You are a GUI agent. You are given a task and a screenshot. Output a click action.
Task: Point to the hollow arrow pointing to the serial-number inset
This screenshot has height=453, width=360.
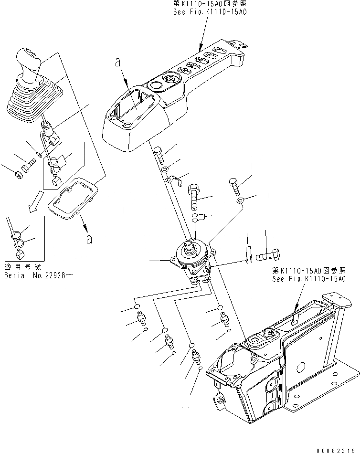35,201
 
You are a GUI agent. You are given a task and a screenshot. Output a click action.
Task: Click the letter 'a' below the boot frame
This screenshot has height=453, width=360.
89,239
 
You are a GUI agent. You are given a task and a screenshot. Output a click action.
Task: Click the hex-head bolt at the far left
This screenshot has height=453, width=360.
21,175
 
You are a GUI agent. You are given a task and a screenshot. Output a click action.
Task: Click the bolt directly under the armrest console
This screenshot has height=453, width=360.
159,153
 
